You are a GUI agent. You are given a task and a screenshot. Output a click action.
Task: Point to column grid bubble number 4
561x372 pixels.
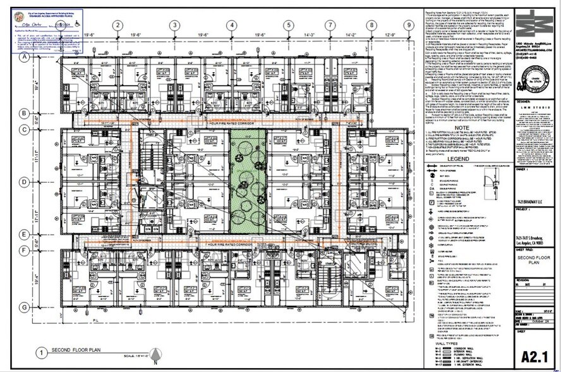pos(232,25)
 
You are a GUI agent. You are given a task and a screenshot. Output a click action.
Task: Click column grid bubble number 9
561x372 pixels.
pos(409,25)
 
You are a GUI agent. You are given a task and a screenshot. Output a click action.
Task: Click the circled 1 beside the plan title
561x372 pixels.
pos(41,352)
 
